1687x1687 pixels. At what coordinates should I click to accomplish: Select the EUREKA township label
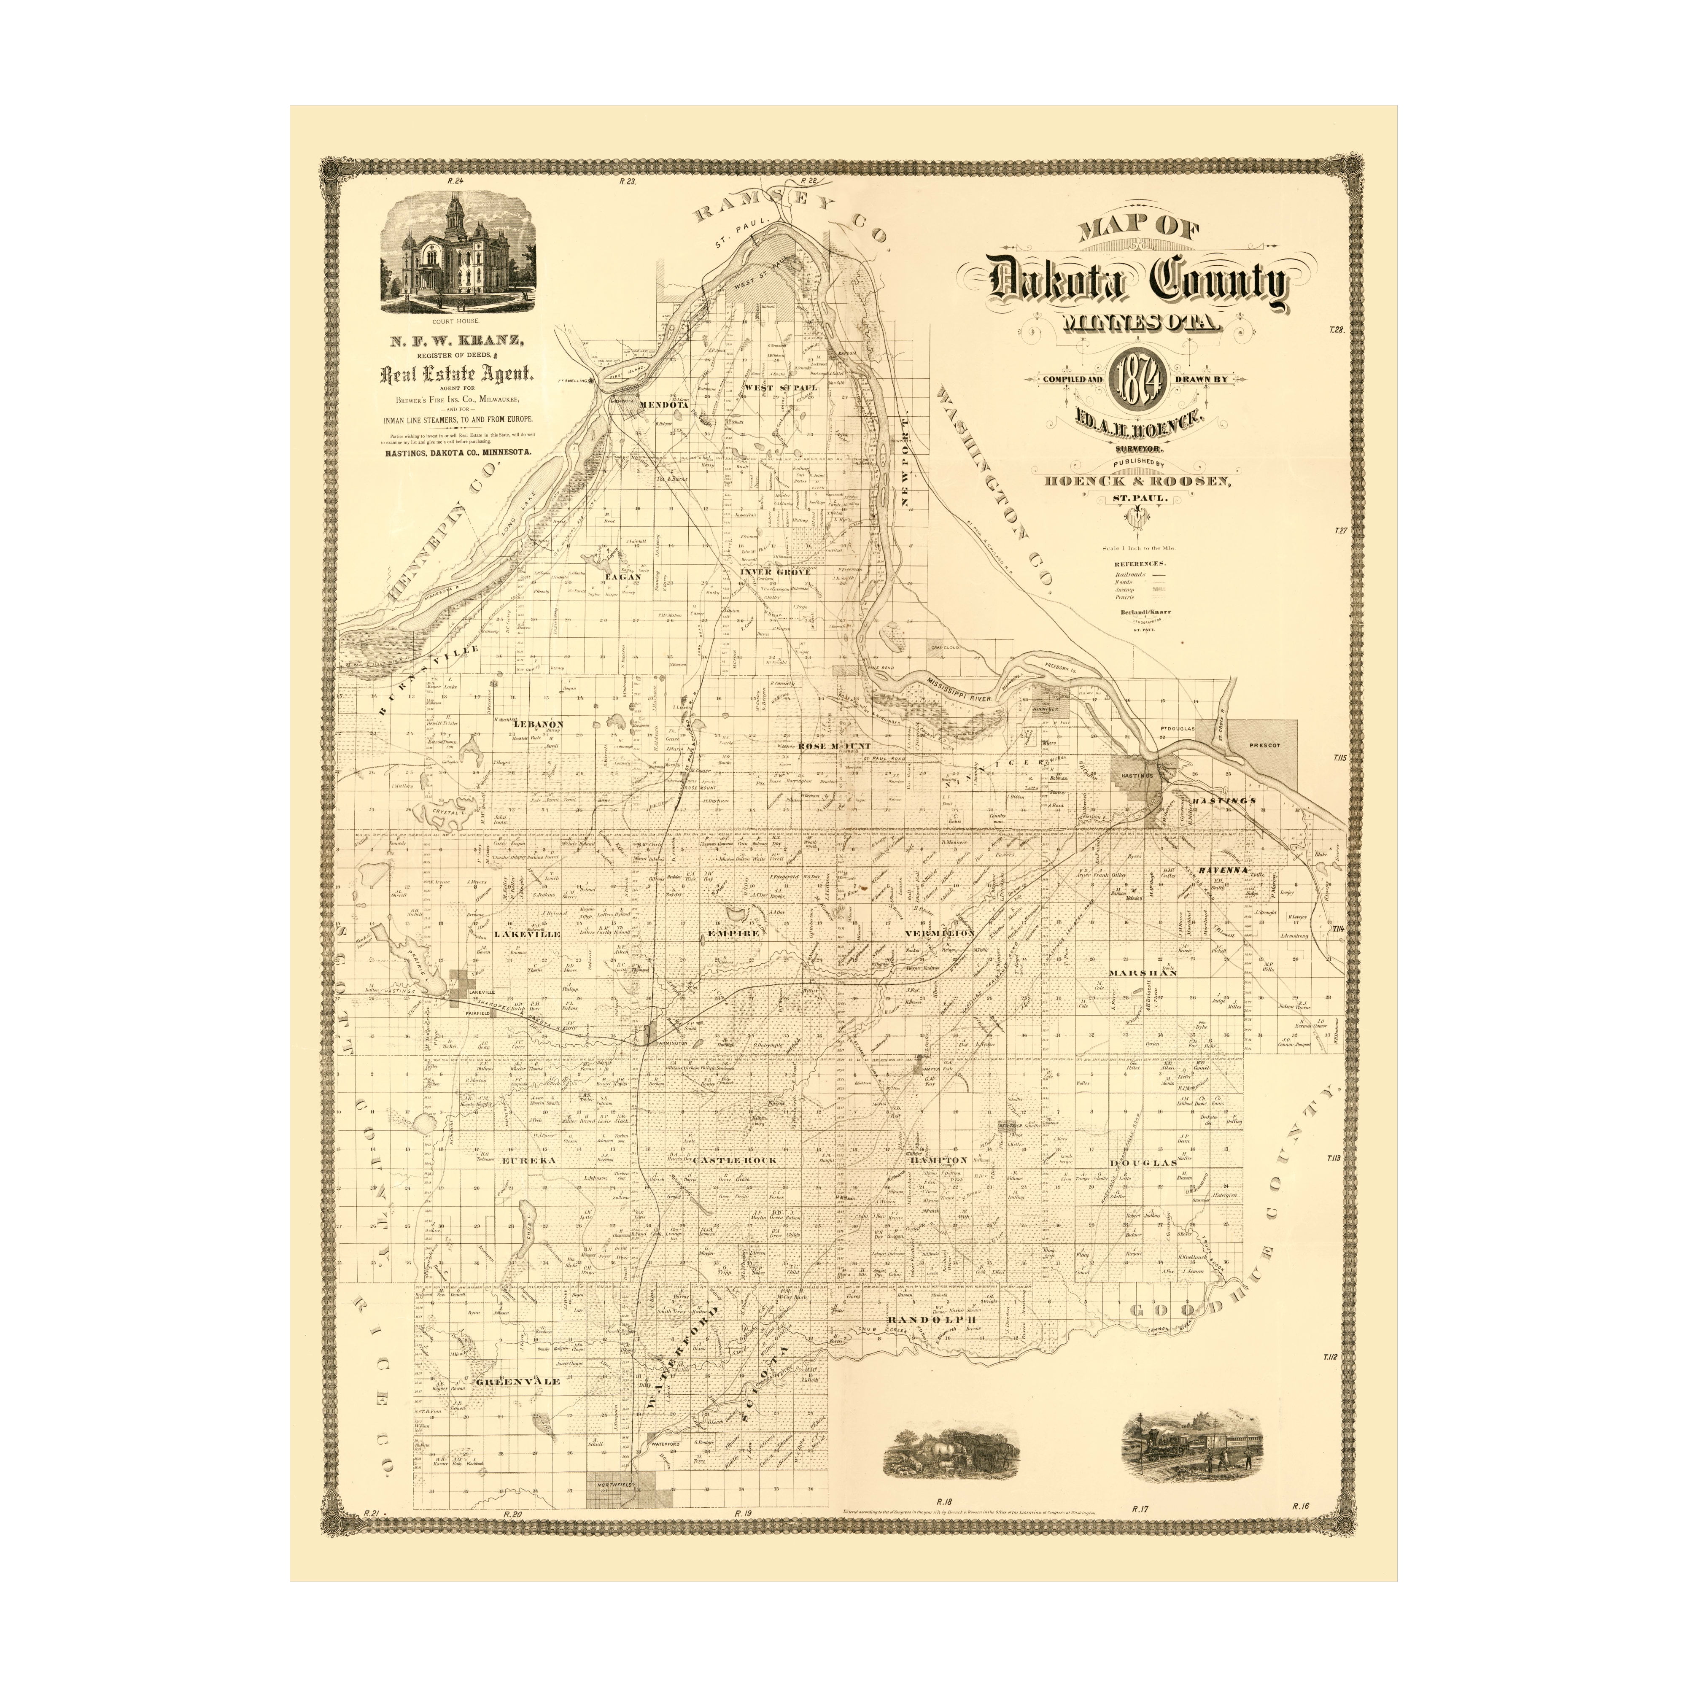coord(524,1161)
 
